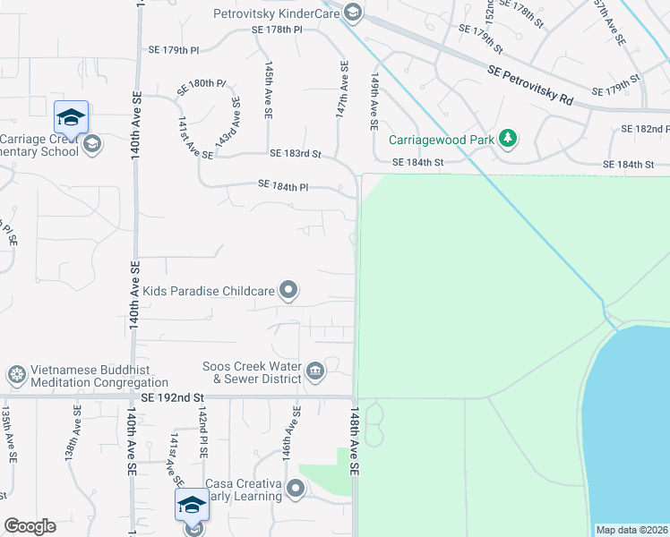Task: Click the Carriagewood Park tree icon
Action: pyautogui.click(x=508, y=138)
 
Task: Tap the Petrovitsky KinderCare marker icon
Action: pyautogui.click(x=353, y=12)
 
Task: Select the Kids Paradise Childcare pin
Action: pyautogui.click(x=288, y=289)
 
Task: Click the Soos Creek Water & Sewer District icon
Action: pyautogui.click(x=314, y=371)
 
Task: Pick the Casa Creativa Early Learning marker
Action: pyautogui.click(x=296, y=489)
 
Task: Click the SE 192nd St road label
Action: pyautogui.click(x=174, y=396)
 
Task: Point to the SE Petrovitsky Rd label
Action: pyautogui.click(x=530, y=84)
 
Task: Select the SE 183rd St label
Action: pyautogui.click(x=295, y=154)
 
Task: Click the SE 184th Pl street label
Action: pyautogui.click(x=283, y=185)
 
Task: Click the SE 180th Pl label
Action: pyautogui.click(x=202, y=82)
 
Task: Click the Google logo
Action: pyautogui.click(x=30, y=526)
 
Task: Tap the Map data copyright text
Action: pyautogui.click(x=631, y=530)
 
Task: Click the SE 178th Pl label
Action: pyautogui.click(x=277, y=30)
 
